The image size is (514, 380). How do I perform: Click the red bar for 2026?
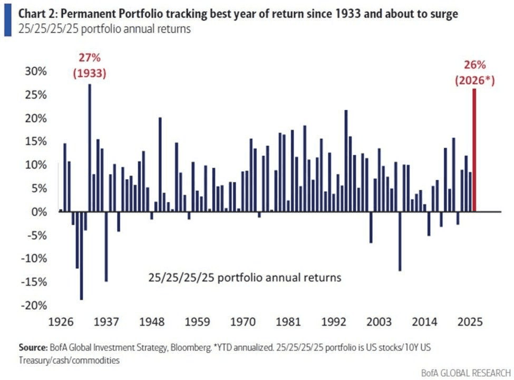tap(474, 150)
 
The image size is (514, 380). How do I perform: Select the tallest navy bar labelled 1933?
tap(90, 148)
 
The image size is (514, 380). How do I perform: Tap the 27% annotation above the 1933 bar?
tap(89, 57)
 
